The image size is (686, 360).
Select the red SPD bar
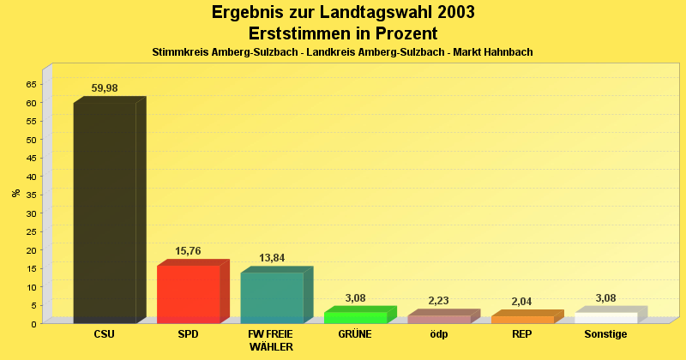point(189,294)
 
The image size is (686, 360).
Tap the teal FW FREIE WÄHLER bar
point(272,297)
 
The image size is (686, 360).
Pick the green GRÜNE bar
point(356,317)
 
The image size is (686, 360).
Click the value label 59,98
point(105,87)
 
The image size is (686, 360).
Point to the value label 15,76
point(188,251)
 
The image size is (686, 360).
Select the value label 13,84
point(272,258)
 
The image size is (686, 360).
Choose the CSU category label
point(105,334)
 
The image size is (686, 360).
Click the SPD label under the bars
point(188,334)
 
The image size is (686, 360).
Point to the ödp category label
point(439,334)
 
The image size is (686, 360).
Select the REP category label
point(522,334)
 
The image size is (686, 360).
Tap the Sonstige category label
point(606,334)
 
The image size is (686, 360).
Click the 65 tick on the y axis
point(32,84)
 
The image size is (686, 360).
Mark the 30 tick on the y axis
point(32,213)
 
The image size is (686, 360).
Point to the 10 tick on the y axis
point(32,287)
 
